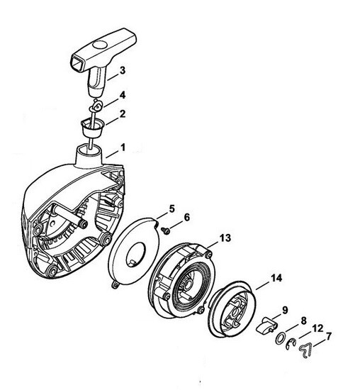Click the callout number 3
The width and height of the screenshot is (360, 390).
(123, 70)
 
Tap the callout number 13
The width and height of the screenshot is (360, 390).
(225, 238)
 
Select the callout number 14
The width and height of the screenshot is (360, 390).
(276, 278)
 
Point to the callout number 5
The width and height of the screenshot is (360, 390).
(172, 209)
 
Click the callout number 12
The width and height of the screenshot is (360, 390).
(317, 328)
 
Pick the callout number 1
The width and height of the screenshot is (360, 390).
(123, 147)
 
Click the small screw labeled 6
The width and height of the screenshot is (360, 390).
(165, 230)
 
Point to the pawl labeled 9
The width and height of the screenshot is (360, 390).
(266, 325)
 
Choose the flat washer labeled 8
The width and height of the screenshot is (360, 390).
(280, 338)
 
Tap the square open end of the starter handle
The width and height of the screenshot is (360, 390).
(79, 62)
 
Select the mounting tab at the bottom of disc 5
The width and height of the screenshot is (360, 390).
(114, 285)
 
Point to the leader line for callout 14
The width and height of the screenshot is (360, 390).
(262, 285)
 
